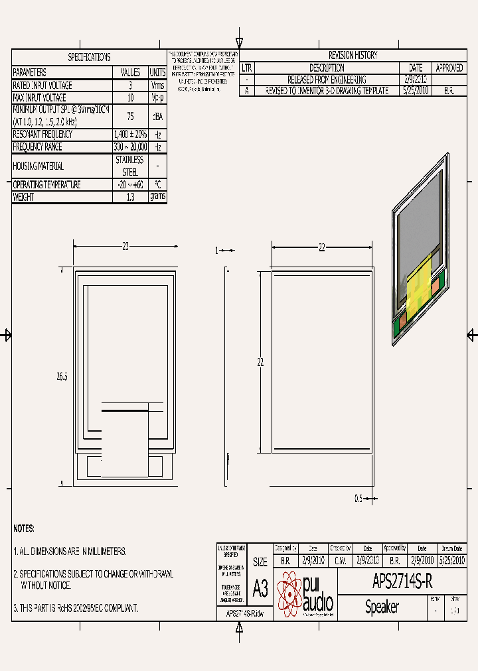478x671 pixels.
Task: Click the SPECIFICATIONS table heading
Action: point(89,58)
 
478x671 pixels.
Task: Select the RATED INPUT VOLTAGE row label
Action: point(42,86)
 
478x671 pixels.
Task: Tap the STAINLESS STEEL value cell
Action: point(129,166)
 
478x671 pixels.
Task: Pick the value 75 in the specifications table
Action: point(129,116)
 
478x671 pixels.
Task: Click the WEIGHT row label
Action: point(23,197)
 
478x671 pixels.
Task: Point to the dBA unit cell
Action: point(158,116)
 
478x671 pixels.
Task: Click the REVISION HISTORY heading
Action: point(353,56)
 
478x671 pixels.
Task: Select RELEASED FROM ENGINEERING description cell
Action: point(326,80)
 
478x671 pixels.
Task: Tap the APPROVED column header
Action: point(449,68)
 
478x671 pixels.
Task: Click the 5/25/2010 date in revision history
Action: point(416,91)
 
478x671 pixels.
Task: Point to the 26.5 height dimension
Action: point(62,376)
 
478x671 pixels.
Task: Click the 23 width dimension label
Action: point(125,247)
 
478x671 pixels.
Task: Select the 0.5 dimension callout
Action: point(358,499)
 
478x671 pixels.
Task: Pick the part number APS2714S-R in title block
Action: point(402,581)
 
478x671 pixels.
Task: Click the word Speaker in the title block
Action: point(382,607)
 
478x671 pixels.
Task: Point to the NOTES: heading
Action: point(24,528)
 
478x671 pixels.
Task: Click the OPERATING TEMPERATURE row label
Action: point(46,185)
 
